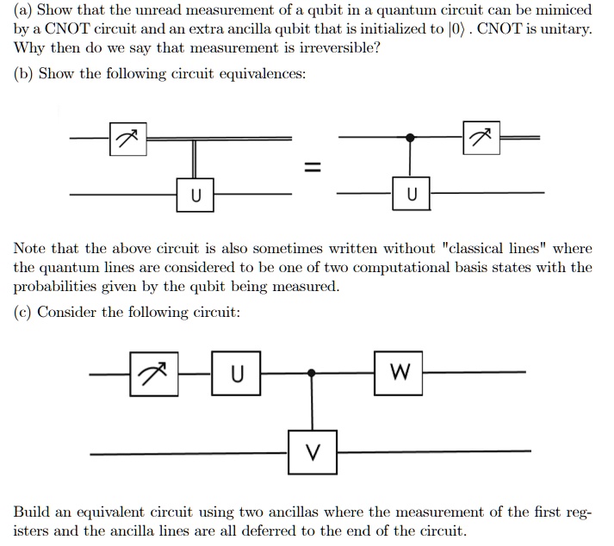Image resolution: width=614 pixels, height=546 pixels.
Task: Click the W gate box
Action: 398,373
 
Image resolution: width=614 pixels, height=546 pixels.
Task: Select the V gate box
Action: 313,452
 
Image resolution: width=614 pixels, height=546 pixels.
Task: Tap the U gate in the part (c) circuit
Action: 236,373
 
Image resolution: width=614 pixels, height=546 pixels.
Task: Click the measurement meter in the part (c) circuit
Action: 154,374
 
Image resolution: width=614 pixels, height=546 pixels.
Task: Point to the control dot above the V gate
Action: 312,373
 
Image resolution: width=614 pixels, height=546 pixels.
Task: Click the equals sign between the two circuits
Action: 313,167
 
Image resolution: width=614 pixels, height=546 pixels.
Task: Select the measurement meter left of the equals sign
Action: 128,139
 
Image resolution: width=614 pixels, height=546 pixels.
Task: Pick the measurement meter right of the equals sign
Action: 481,138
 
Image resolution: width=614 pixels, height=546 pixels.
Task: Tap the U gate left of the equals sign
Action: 195,195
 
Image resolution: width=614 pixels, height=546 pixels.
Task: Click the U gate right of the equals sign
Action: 411,194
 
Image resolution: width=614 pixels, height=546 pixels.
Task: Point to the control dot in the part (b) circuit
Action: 410,138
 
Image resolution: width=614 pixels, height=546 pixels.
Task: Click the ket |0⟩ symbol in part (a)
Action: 456,29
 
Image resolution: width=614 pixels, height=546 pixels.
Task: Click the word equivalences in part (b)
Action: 263,74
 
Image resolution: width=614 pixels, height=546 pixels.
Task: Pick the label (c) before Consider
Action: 22,313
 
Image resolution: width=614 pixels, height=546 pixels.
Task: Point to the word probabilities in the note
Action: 55,287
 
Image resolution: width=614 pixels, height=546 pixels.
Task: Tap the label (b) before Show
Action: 23,74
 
